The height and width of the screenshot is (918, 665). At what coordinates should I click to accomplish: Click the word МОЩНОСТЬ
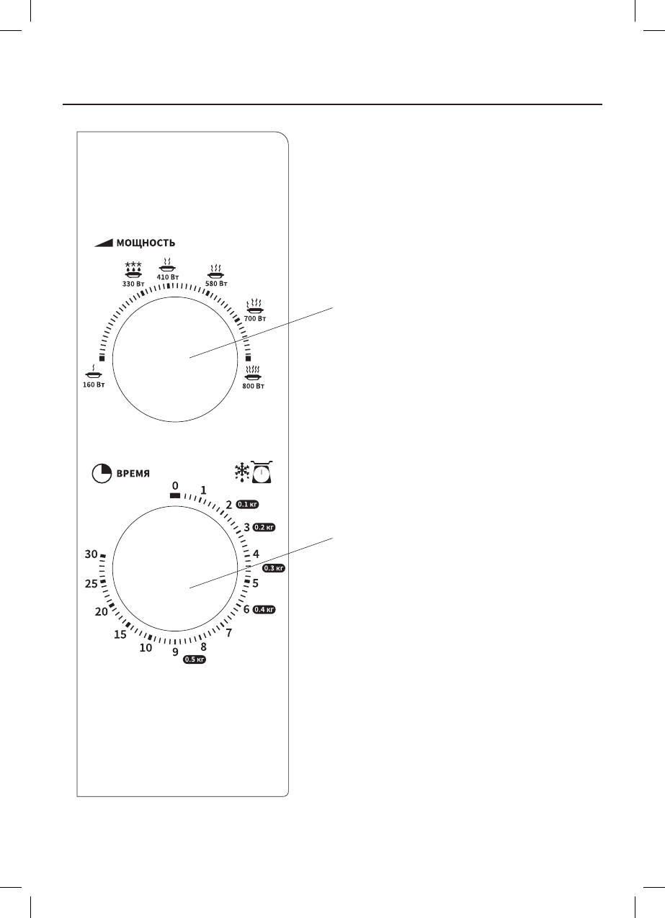tap(146, 243)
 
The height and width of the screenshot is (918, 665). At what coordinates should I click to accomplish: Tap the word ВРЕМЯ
tap(133, 474)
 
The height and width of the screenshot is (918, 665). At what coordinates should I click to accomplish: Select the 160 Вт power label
tap(94, 384)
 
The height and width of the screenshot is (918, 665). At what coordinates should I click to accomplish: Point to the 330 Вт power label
tap(133, 284)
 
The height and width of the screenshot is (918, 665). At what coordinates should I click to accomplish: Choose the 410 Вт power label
tap(168, 277)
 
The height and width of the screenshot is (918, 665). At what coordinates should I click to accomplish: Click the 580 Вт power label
tap(216, 284)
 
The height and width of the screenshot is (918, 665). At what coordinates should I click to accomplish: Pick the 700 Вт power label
tap(255, 318)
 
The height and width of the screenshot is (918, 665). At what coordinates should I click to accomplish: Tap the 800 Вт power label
tap(254, 386)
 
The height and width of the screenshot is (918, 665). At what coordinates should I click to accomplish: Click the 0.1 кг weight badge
tap(247, 504)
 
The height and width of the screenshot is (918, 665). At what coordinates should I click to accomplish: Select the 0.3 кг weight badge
tap(274, 568)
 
